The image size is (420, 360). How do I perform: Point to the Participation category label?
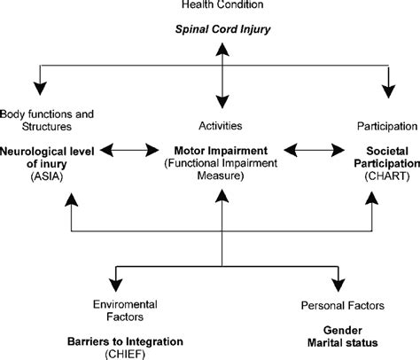pos(377,126)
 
